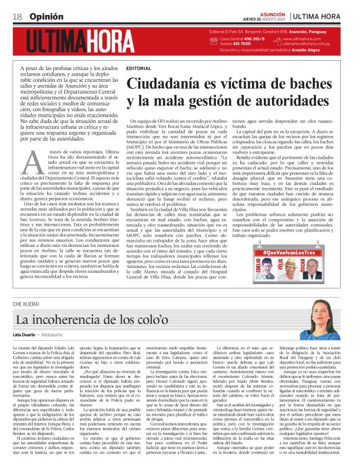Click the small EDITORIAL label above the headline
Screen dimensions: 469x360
[x=138, y=68]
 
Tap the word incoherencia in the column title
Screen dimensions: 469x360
[x=68, y=320]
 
